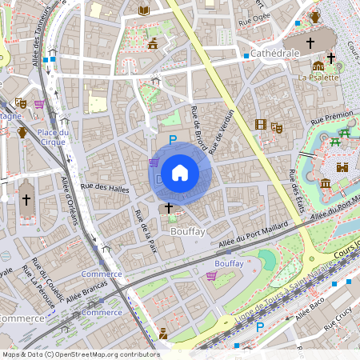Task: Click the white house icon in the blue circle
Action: (180, 172)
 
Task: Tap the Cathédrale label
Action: (274, 53)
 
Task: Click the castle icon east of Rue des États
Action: (343, 167)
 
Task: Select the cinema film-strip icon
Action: (260, 124)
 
